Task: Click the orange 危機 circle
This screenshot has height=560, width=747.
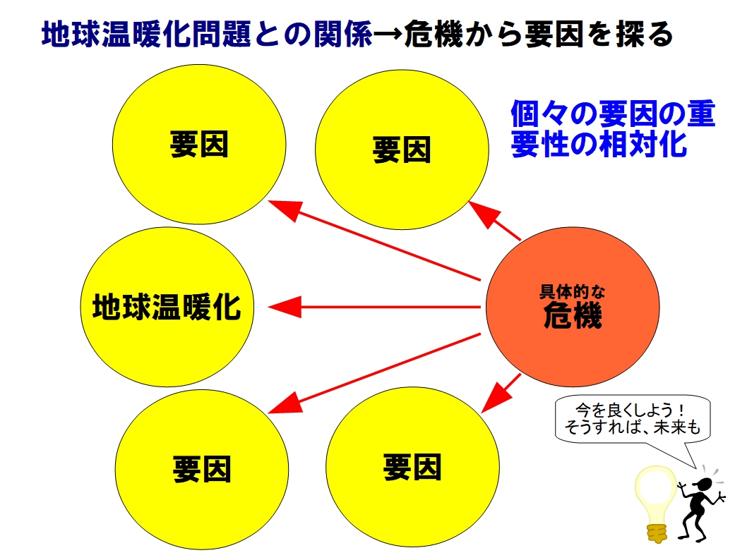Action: point(573,307)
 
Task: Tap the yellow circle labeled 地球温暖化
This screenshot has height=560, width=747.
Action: point(167,307)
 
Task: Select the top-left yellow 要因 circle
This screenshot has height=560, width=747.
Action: point(199,144)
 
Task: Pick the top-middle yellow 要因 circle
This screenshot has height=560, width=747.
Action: point(402,150)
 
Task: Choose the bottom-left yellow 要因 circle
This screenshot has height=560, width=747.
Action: point(202,469)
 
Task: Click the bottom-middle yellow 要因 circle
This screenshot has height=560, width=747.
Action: point(412,467)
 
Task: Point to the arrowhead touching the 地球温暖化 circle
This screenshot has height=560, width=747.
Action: point(285,307)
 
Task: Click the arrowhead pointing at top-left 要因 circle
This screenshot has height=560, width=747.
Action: point(286,209)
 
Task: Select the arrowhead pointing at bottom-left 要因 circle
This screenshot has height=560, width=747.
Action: point(286,403)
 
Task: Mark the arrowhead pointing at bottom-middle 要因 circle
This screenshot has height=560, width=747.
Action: point(496,398)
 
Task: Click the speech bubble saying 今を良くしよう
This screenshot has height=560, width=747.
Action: point(633,419)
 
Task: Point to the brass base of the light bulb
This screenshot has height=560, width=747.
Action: point(657,533)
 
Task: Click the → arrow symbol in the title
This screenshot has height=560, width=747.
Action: point(388,35)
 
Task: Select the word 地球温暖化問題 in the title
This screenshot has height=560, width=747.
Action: point(146,34)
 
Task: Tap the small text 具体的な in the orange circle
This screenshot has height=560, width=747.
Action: point(572,291)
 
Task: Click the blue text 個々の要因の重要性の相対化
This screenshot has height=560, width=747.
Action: point(613,128)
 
